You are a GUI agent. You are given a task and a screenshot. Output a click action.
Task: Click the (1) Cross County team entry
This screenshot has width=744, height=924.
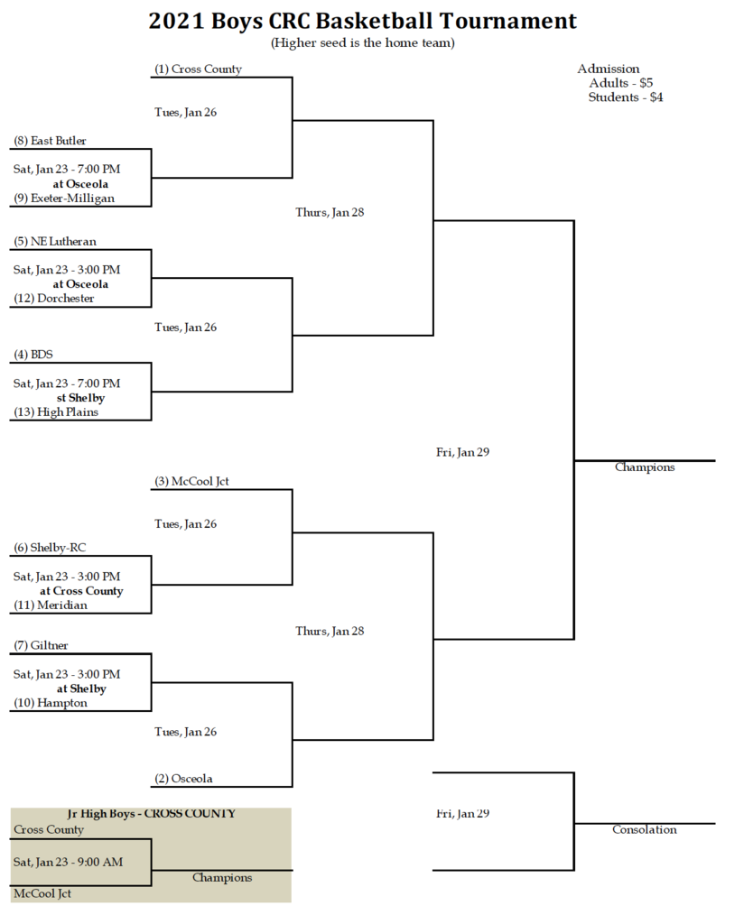coord(198,69)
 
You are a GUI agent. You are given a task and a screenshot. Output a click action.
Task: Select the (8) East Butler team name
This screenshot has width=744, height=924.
coord(50,141)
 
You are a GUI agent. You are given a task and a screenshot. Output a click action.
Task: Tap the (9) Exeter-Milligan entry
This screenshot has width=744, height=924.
coord(64,198)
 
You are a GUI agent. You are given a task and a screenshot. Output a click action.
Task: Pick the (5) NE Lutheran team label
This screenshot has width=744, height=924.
coord(55,242)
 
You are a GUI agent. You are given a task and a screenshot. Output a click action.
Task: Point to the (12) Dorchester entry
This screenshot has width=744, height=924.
coord(54,298)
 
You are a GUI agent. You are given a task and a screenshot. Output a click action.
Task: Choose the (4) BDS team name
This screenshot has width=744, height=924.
coord(33,354)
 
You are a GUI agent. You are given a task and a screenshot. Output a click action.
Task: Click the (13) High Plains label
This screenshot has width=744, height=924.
coord(56,411)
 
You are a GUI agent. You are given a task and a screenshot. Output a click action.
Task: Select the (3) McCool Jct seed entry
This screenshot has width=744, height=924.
coord(191,482)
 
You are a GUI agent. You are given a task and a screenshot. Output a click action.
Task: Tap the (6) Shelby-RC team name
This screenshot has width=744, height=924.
coord(50,548)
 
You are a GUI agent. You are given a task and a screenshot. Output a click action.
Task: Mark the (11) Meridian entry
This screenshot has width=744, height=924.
coord(51,605)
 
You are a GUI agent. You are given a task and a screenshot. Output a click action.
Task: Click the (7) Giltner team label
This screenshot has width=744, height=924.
coord(41,645)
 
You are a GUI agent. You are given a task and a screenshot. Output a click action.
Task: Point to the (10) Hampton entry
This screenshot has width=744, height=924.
coord(51,703)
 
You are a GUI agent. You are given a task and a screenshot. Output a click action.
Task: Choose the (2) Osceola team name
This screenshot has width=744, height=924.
coord(183,779)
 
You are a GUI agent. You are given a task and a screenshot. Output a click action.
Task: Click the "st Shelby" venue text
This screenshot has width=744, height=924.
coord(80,398)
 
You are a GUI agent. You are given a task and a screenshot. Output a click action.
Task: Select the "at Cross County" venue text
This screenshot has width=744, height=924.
coord(81,590)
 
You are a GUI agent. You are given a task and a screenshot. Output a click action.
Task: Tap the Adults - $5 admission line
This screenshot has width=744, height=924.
coord(621,83)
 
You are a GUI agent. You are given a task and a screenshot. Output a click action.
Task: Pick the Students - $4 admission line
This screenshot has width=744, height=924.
coord(626,97)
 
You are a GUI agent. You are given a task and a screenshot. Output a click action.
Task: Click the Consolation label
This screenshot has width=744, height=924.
coord(645,830)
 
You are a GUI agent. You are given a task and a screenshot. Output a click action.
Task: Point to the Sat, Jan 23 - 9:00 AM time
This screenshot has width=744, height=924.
coord(69,862)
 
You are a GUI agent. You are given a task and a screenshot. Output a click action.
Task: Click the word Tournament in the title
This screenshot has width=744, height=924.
coord(508,21)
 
